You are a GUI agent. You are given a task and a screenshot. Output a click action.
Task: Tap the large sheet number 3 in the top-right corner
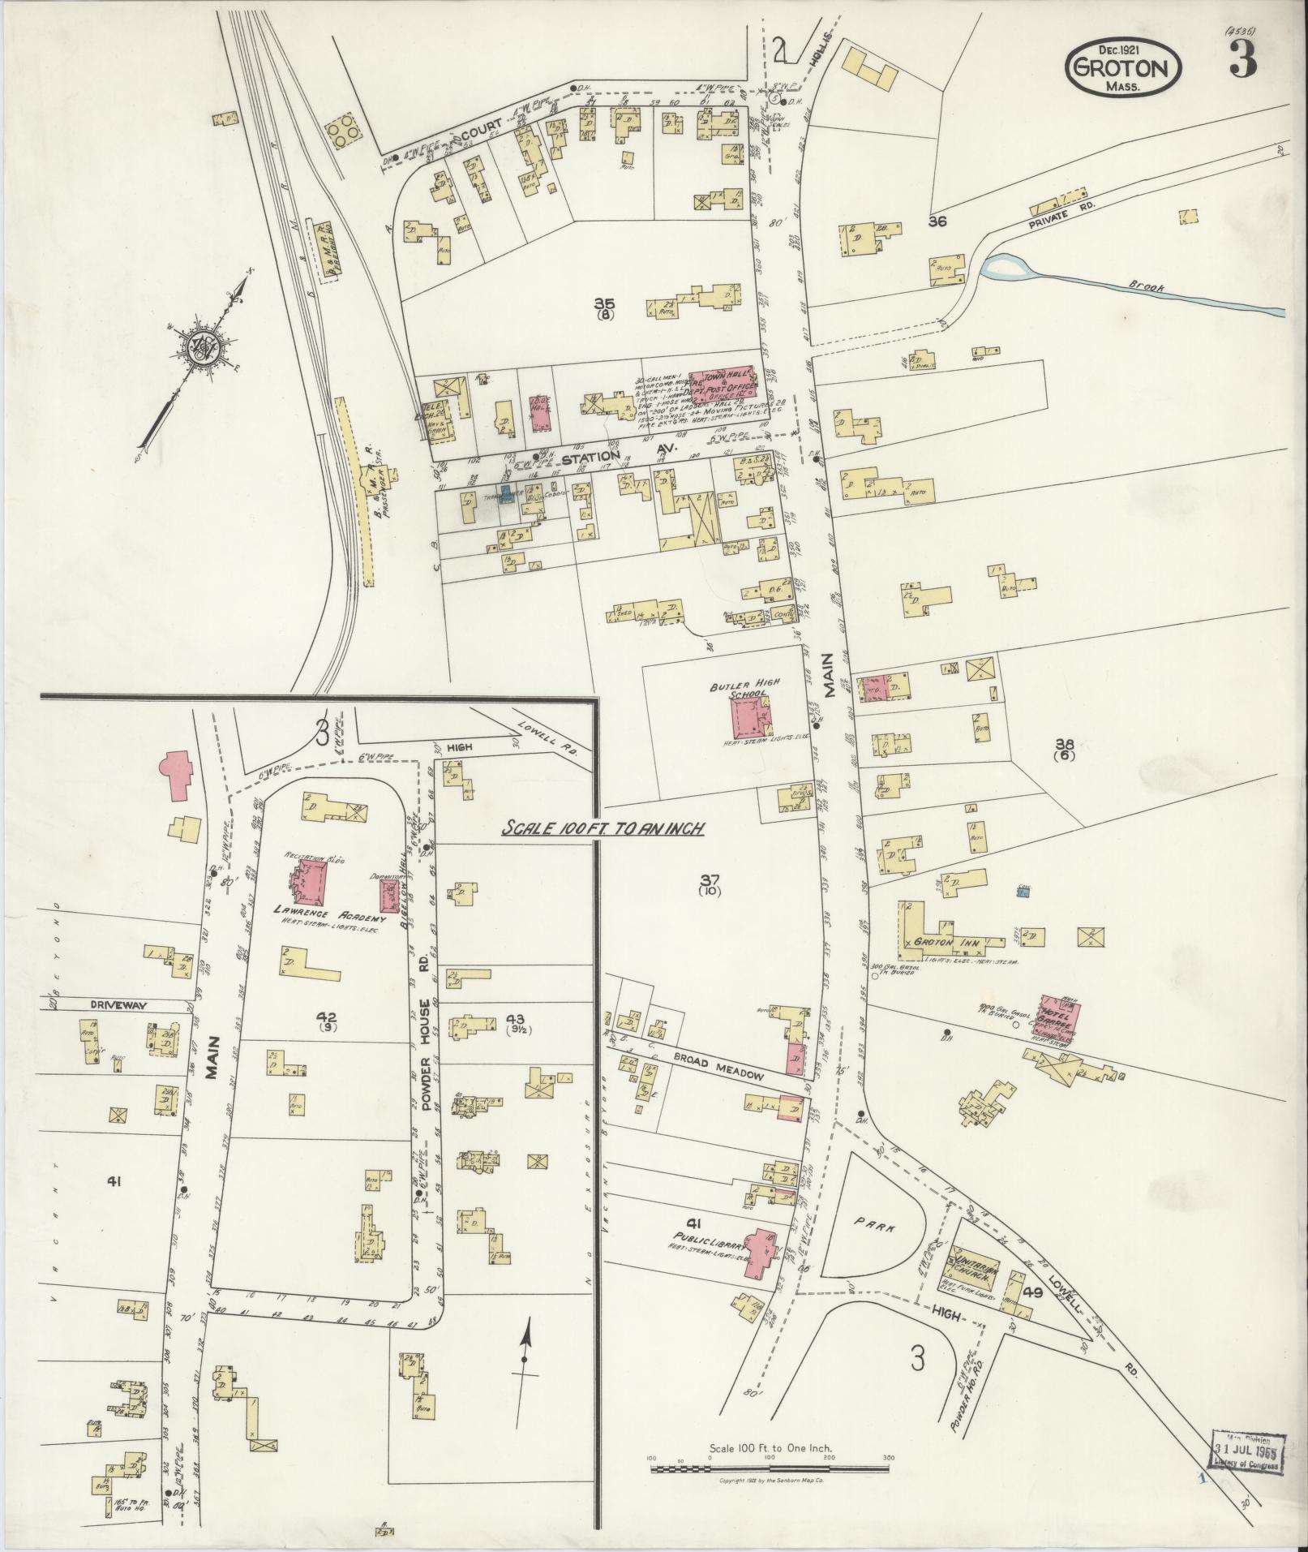tap(1241, 58)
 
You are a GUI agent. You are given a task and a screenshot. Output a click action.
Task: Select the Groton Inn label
tap(947, 944)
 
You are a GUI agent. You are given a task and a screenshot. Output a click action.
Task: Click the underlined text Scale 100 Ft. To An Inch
tap(600, 830)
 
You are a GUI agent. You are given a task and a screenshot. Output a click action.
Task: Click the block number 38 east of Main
tap(1063, 744)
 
